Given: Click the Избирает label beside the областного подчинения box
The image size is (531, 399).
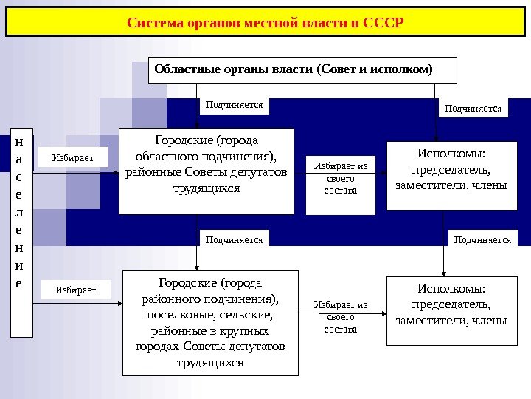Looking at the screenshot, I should (72, 157).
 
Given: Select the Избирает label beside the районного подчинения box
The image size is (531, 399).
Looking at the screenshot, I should (75, 290).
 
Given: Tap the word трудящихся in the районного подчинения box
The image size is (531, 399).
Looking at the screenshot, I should (210, 363).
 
